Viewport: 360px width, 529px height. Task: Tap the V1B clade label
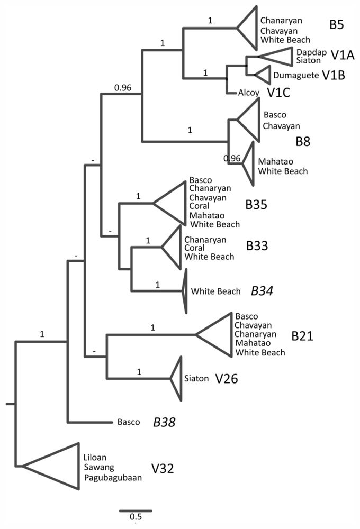pos(334,75)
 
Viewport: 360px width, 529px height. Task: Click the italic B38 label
pos(164,422)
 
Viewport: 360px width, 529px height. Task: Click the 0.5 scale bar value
pos(136,517)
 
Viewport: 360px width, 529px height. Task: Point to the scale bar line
pos(136,510)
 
